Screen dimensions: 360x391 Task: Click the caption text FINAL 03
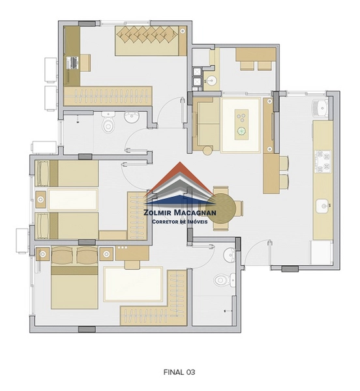(x=179, y=372)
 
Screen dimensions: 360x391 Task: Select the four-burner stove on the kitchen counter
(x=323, y=162)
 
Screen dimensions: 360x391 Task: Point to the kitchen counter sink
(x=323, y=206)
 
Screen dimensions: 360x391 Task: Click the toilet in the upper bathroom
(x=108, y=123)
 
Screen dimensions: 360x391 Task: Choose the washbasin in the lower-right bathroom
(x=230, y=255)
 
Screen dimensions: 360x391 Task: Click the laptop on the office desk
(x=72, y=63)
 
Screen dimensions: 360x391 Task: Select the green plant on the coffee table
(x=241, y=130)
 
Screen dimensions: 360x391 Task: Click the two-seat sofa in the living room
(x=206, y=124)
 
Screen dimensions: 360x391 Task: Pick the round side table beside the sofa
(x=207, y=151)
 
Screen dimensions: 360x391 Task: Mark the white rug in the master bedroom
(x=133, y=283)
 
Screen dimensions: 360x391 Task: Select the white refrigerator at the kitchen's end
(x=322, y=252)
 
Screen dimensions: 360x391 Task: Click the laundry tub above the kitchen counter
(x=321, y=108)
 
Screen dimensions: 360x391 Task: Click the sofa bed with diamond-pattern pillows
(x=151, y=40)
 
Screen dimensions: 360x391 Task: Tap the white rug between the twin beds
(x=72, y=199)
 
